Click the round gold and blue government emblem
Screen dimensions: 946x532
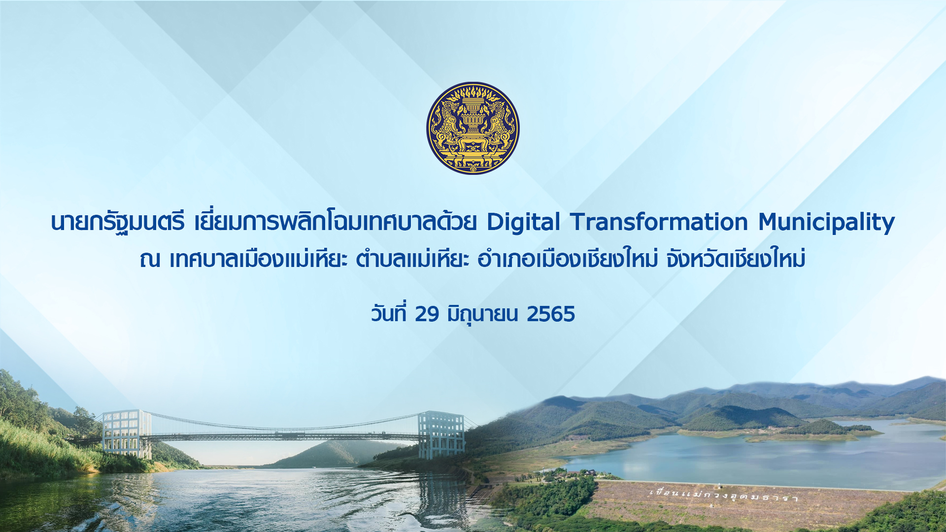(x=473, y=128)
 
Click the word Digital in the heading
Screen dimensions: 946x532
(x=523, y=222)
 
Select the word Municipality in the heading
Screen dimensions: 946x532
(x=827, y=223)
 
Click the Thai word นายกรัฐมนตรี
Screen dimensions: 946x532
(x=118, y=223)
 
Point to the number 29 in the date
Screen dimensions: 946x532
(x=427, y=314)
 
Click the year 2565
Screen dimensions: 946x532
(x=551, y=314)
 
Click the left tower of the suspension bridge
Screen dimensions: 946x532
(x=127, y=434)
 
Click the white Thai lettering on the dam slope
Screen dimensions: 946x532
(x=724, y=495)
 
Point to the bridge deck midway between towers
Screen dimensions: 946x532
(x=285, y=436)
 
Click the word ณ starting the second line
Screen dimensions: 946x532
(x=150, y=260)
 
